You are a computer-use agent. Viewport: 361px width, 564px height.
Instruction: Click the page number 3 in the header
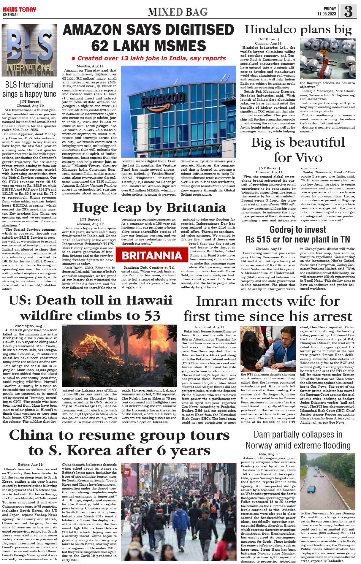click(348, 11)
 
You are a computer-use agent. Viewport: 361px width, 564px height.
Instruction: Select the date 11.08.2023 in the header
click(326, 14)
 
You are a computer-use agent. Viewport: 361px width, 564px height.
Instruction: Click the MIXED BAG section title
click(178, 12)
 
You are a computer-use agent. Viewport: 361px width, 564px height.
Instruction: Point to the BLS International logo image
click(29, 50)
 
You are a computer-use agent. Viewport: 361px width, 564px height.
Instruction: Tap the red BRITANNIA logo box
click(152, 255)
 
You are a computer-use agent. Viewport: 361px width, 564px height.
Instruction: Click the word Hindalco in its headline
click(270, 30)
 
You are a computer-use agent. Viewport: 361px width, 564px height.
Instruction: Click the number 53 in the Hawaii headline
click(153, 316)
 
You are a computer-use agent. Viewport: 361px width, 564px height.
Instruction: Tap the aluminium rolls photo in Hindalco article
click(327, 58)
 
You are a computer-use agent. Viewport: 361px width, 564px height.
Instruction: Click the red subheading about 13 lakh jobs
click(149, 58)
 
